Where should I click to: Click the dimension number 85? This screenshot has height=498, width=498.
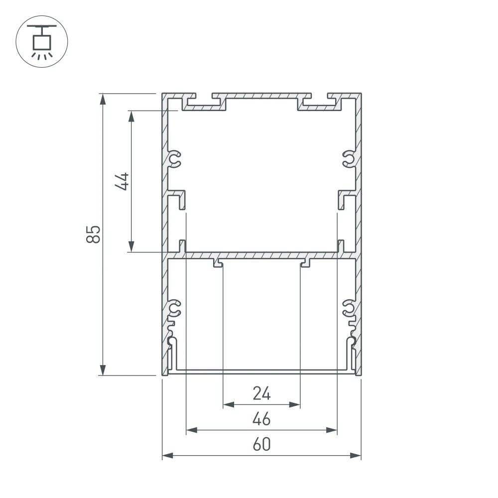(x=94, y=234)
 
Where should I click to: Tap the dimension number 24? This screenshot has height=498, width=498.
(x=261, y=394)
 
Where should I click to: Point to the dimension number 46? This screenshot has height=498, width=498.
(x=261, y=419)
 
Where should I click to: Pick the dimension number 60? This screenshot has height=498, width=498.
(x=261, y=445)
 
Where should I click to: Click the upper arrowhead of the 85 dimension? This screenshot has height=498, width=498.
(x=103, y=99)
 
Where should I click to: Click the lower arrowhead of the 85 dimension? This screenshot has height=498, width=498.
(x=103, y=370)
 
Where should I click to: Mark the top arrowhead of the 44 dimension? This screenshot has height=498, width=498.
(x=131, y=116)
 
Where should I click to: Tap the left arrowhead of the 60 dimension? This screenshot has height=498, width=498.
(x=168, y=455)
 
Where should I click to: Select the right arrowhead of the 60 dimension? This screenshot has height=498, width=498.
(x=355, y=455)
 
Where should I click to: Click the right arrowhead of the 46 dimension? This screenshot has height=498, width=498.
(x=332, y=430)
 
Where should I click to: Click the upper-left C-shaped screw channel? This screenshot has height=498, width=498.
(x=175, y=159)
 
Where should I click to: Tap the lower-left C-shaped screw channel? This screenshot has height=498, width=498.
(x=175, y=309)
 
